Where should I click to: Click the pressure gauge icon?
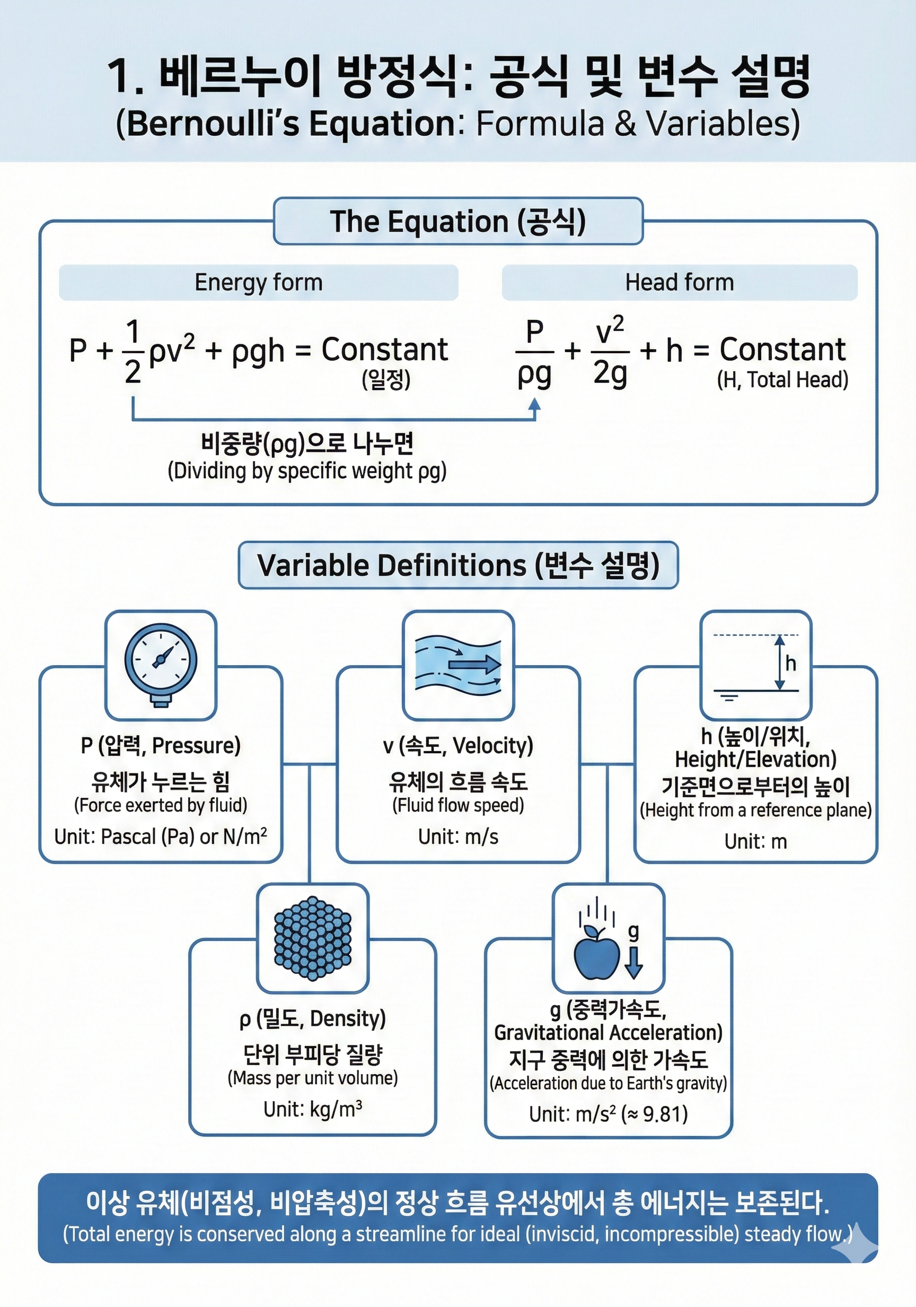[161, 664]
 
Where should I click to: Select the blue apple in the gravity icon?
[596, 956]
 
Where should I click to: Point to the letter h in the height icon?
[790, 663]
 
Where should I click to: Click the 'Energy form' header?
[258, 282]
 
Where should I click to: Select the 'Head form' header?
[680, 282]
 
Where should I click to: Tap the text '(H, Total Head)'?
[782, 380]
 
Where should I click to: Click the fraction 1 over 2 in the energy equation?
[133, 352]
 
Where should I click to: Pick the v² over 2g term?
[610, 352]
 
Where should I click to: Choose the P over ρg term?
[534, 352]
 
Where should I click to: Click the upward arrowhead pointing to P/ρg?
[534, 404]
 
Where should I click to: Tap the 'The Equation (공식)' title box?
[458, 221]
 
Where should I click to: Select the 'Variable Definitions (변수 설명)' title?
[458, 565]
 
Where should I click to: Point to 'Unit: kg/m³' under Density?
[312, 1110]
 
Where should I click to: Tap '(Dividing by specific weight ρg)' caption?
[307, 472]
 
